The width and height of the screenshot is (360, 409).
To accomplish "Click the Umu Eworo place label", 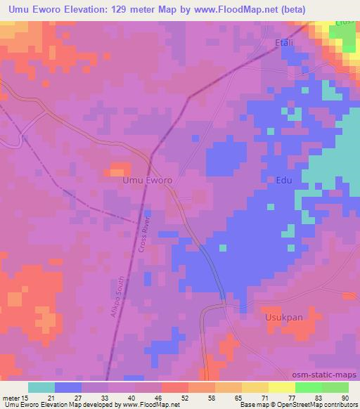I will coord(148,180).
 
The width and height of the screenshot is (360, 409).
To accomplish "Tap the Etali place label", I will coord(284,44).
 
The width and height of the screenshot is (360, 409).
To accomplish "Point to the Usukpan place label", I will coord(283,317).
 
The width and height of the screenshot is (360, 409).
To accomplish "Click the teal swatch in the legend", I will coord(41,387).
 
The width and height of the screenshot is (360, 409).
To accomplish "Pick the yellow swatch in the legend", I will coord(282,387).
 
